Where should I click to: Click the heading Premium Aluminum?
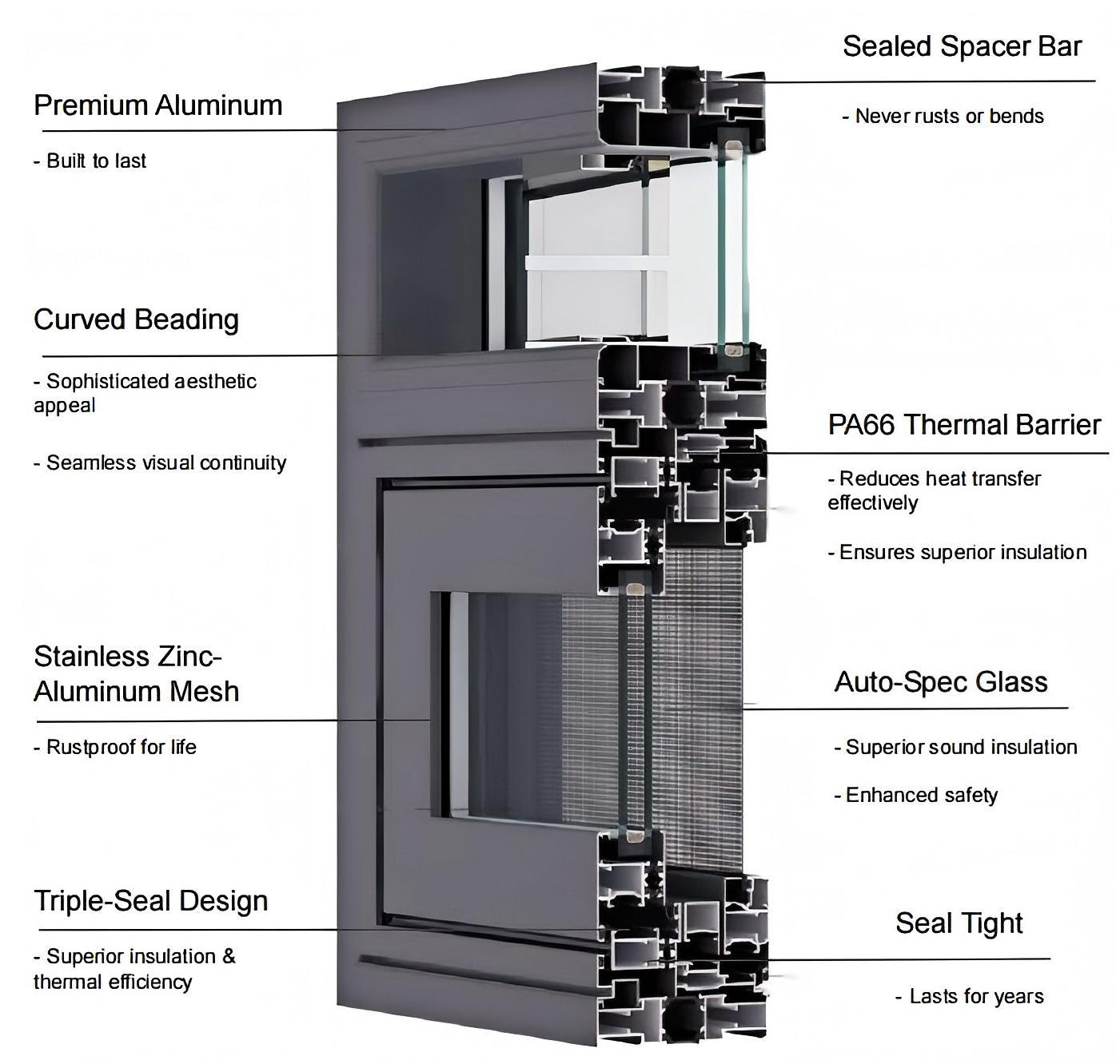[x=158, y=105]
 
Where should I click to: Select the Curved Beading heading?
[x=137, y=320]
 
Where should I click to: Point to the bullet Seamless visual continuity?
[x=161, y=463]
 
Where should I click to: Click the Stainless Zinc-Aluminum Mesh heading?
[x=137, y=673]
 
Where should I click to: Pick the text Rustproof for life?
[x=116, y=748]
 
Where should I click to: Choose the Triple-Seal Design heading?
[x=151, y=901]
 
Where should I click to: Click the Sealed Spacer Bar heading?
[x=962, y=46]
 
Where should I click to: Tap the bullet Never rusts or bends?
[x=943, y=117]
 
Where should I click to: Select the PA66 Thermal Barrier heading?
[x=964, y=425]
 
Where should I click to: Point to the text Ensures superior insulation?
[x=957, y=553]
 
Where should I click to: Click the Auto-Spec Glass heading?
[x=941, y=682]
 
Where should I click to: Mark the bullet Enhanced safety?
[x=916, y=796]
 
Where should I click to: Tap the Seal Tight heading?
[x=959, y=923]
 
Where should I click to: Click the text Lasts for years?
[x=971, y=997]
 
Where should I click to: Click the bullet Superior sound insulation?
[x=956, y=748]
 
